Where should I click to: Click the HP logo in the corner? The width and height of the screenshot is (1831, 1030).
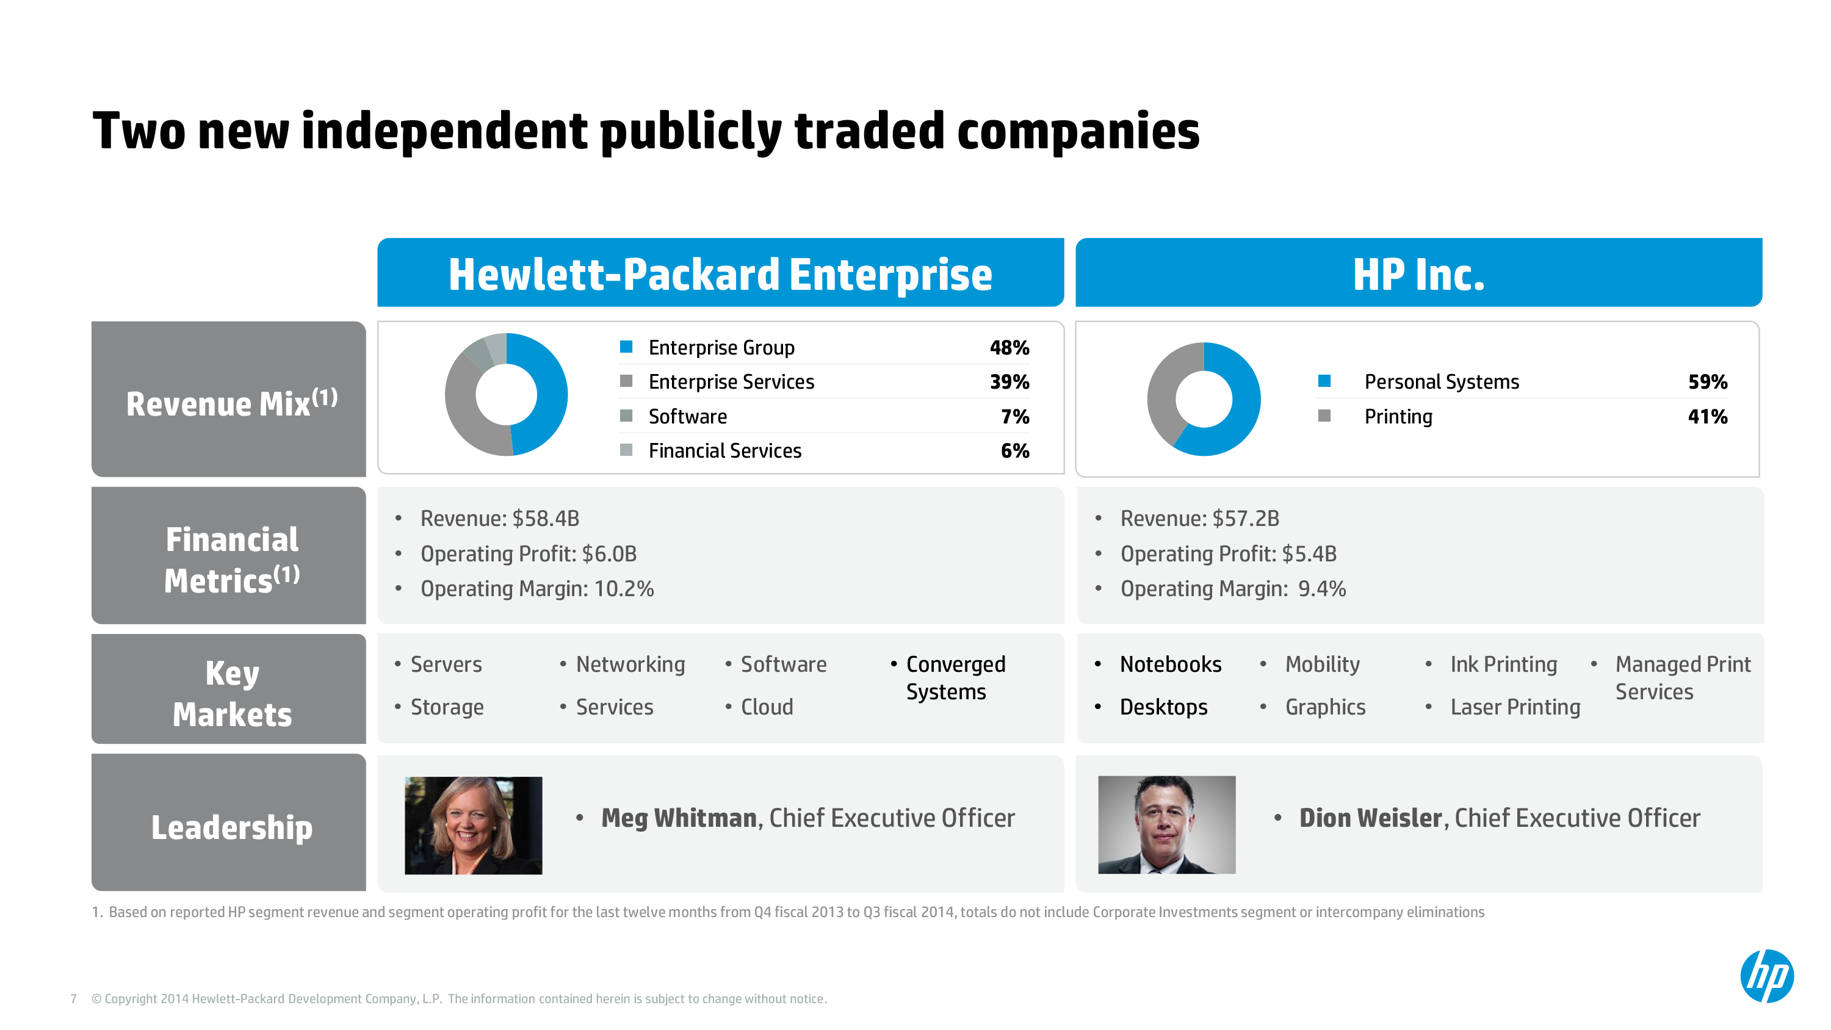coord(1767,976)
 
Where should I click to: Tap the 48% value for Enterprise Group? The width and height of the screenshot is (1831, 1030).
coord(1009,348)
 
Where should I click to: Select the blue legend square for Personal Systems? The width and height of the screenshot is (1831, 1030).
coord(1323,381)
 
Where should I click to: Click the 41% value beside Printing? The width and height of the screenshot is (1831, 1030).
coord(1707,417)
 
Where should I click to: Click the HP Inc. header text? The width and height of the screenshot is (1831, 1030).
coord(1418,275)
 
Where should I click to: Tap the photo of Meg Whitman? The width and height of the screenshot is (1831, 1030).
coord(474,825)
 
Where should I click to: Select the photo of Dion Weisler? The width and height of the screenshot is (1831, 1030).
coord(1166,824)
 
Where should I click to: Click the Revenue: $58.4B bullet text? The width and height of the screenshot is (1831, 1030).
coord(500,518)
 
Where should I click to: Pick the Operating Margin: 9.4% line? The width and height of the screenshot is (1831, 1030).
coord(1232,589)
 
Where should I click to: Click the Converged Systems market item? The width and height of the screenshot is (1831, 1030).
coord(955,677)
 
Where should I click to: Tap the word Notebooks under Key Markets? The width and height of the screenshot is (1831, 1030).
coord(1170,664)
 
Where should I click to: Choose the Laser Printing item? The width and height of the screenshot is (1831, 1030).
coord(1515,707)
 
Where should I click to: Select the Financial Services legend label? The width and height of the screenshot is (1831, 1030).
coord(724,451)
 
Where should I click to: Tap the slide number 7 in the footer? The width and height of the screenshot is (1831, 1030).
coord(73,999)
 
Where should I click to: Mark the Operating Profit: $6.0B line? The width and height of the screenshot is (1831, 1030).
coord(528,553)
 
